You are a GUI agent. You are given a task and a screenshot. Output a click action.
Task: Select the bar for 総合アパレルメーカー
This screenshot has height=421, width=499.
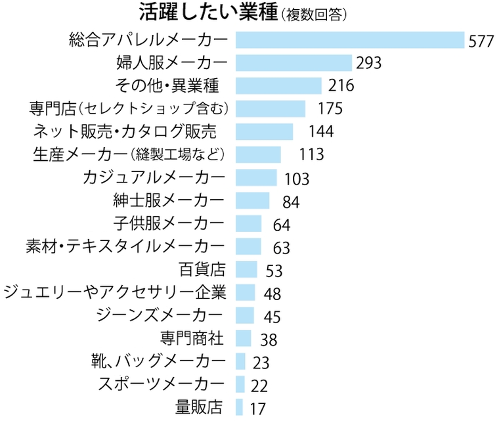pos(349,40)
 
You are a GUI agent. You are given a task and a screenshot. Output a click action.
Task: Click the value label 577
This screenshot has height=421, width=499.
pos(481,41)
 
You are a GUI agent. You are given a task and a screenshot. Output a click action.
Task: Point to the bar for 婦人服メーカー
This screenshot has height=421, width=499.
pos(293,63)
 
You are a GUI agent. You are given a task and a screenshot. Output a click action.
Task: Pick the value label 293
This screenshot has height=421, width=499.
pos(369,64)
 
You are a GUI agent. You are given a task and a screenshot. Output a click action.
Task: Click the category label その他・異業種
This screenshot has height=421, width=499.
pos(166,85)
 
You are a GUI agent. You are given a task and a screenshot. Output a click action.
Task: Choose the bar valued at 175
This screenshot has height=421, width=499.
pos(270,108)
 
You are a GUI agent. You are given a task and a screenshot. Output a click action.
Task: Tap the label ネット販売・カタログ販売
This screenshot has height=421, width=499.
pos(124,131)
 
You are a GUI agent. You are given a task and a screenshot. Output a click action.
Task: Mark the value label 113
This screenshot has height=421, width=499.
pos(311,154)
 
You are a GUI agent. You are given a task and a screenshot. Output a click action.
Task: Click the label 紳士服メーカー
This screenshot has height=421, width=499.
pos(169,200)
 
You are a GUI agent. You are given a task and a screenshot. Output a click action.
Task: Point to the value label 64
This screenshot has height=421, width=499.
pos(281,225)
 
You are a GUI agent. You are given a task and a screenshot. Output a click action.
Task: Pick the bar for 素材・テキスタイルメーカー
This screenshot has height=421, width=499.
pos(248,246)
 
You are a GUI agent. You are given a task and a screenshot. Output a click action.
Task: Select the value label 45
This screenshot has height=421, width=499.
pos(272,317)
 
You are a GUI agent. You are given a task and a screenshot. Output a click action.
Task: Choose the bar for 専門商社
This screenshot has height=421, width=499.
pos(243,338)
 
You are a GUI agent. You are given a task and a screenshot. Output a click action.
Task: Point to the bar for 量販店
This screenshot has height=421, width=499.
pos(240,407)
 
